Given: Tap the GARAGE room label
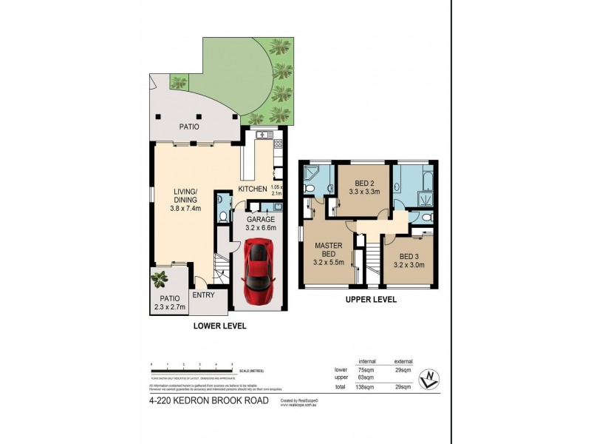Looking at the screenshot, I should pos(261,219).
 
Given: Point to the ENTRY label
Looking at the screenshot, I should pos(203,295).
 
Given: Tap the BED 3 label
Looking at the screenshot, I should pos(408,255).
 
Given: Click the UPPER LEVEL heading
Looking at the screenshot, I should pos(372,300).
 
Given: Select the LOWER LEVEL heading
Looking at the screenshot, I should pos(219,326).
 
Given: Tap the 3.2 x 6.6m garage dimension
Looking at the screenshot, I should pos(261,228).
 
